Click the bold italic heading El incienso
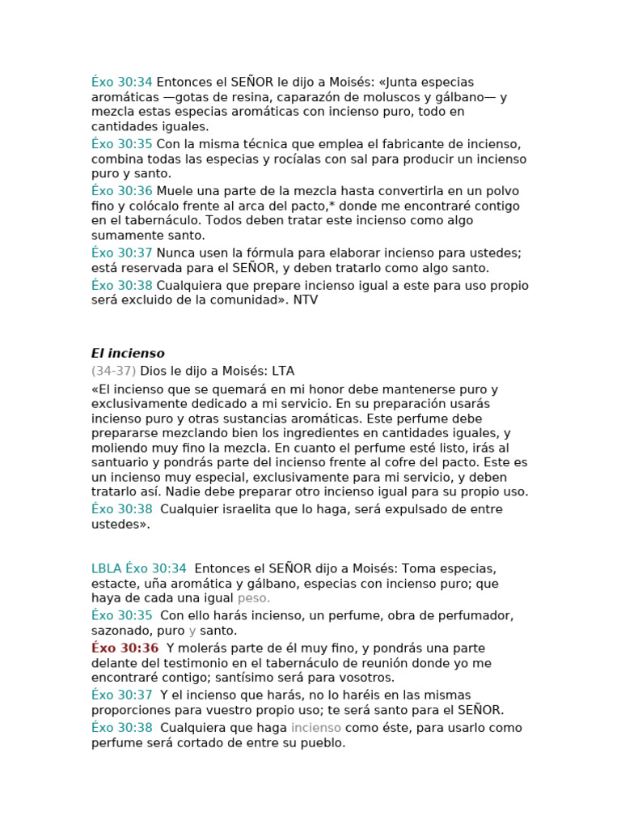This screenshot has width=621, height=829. tap(128, 354)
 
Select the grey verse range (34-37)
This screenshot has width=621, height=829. tap(114, 371)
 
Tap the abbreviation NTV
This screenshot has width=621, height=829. tap(306, 300)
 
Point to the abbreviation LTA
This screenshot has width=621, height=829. tap(283, 371)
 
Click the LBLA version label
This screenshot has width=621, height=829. tap(107, 569)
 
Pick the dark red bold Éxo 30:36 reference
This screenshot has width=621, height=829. tap(125, 648)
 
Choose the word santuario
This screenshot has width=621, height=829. tap(121, 462)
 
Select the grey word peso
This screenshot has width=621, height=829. tap(254, 598)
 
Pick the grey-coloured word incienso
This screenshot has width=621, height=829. tap(316, 728)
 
